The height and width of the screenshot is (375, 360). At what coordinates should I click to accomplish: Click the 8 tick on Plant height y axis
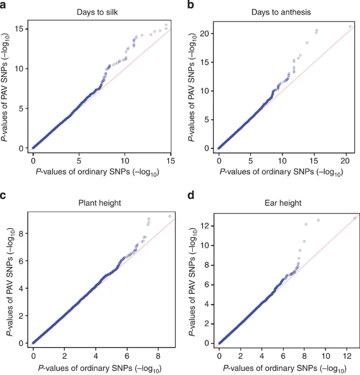point(20,234)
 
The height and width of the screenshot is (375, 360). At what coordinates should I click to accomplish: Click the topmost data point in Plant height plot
point(170,216)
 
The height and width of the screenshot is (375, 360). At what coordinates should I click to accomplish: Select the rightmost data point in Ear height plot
point(355,217)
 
